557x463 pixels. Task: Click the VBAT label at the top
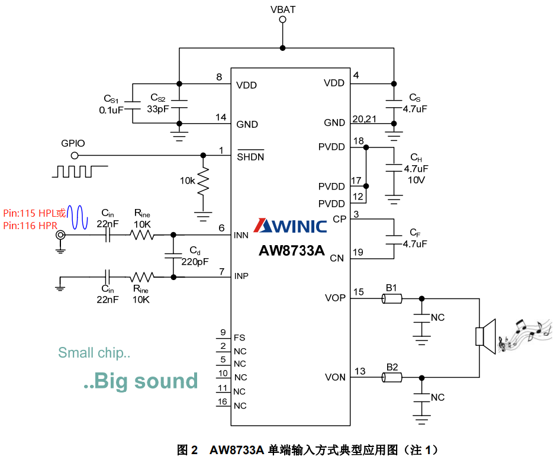point(282,9)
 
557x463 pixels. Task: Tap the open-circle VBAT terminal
point(282,20)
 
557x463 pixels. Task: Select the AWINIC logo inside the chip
point(290,226)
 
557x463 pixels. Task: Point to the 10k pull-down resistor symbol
point(203,182)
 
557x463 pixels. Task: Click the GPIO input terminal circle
point(75,156)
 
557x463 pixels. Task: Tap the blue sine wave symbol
point(78,217)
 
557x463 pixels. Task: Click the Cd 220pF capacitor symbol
point(173,255)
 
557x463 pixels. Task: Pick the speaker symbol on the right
point(485,336)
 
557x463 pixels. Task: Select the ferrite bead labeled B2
point(392,377)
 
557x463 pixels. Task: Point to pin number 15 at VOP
point(359,292)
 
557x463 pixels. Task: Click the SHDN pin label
point(250,157)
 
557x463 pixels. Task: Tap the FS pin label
point(240,338)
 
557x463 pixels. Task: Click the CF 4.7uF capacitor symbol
point(393,239)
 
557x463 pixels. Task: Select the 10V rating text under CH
point(416,179)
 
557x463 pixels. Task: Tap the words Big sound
point(140,381)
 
